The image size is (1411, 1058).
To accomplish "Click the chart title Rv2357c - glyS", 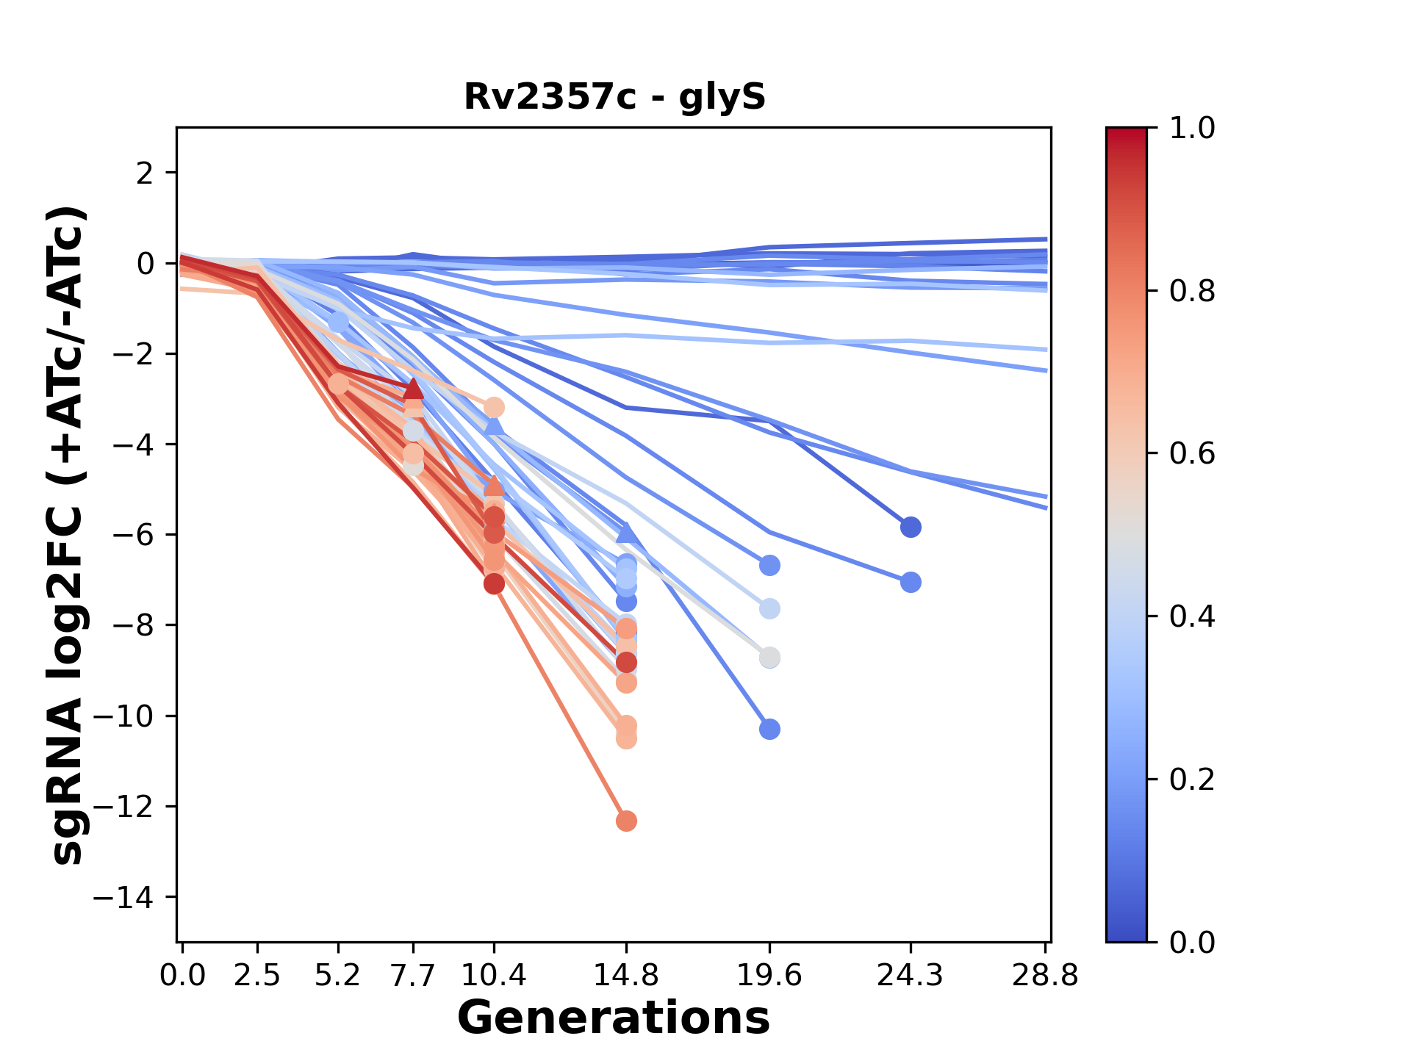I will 614,97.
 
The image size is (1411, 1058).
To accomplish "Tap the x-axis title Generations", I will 614,1018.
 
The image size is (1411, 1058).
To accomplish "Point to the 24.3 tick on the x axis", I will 911,976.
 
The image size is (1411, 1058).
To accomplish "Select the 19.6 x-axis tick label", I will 769,976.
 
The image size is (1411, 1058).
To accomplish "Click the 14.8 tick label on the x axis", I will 626,976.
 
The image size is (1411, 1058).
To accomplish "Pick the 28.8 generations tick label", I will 1045,976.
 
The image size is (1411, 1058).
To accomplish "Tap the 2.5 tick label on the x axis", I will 257,976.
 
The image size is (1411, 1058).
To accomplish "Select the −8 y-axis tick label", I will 132,625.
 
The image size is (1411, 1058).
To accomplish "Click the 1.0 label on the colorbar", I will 1191,129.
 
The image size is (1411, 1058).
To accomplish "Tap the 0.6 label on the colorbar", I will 1191,454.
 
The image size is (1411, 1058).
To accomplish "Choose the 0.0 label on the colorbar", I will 1191,942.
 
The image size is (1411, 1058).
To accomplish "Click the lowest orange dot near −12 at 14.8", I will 626,821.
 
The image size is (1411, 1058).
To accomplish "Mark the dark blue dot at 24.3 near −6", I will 911,527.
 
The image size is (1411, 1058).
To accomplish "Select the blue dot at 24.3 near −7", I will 911,583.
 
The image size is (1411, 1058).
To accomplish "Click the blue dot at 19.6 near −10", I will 769,730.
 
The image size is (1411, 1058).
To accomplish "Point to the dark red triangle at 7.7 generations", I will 414,389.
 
